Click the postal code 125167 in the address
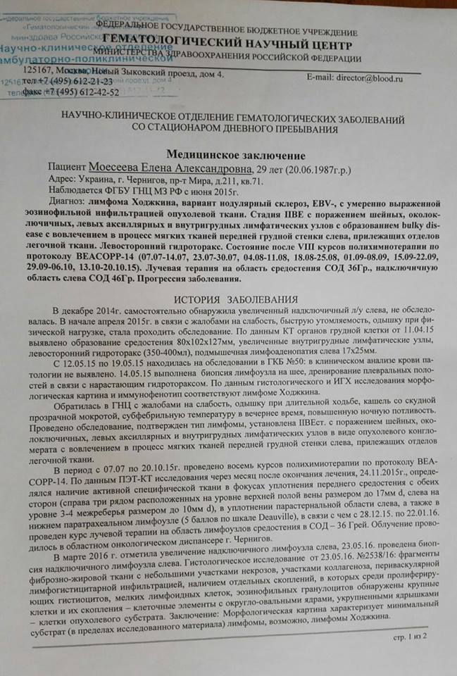tap(41, 71)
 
